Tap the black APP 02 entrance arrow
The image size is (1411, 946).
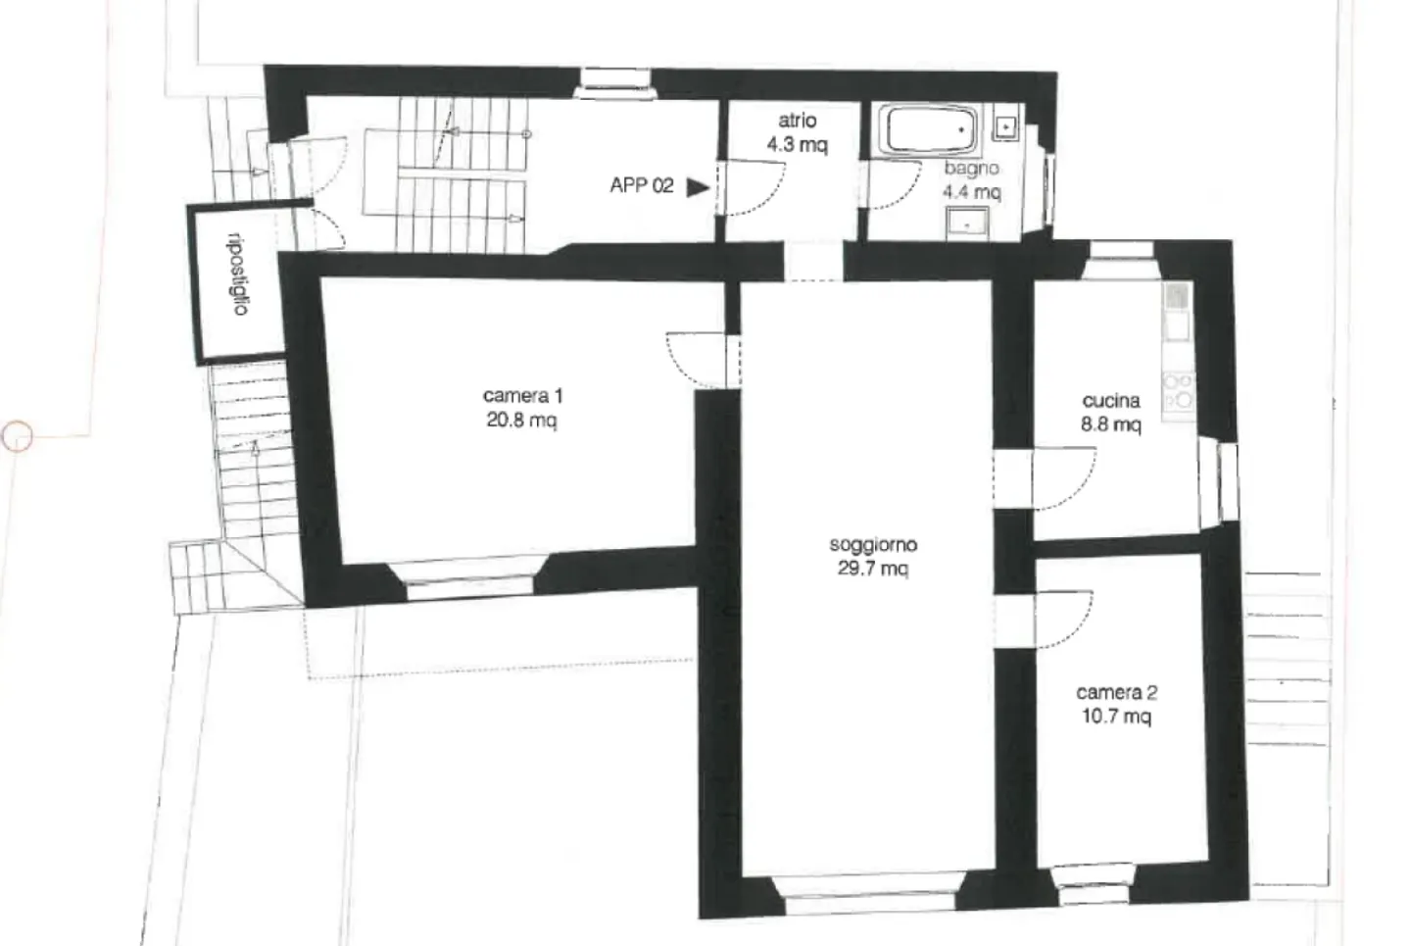[x=697, y=186]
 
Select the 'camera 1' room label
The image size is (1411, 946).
[x=522, y=396]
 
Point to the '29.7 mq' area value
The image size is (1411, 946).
[x=872, y=569]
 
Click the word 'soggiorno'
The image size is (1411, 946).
[x=872, y=544]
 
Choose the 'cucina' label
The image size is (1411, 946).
[x=1111, y=401]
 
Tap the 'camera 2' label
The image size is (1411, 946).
[x=1116, y=692]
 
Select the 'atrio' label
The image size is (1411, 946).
[x=797, y=121]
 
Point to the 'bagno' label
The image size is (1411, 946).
[x=971, y=169]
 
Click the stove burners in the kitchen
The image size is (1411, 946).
[x=1177, y=390]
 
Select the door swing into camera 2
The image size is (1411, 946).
[x=1064, y=620]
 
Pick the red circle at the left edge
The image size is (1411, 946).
[x=18, y=436]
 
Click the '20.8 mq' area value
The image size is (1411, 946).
[x=522, y=421]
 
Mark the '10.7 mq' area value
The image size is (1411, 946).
[x=1116, y=717]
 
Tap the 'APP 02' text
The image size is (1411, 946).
[x=642, y=185]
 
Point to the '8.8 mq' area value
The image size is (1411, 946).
[x=1111, y=424]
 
